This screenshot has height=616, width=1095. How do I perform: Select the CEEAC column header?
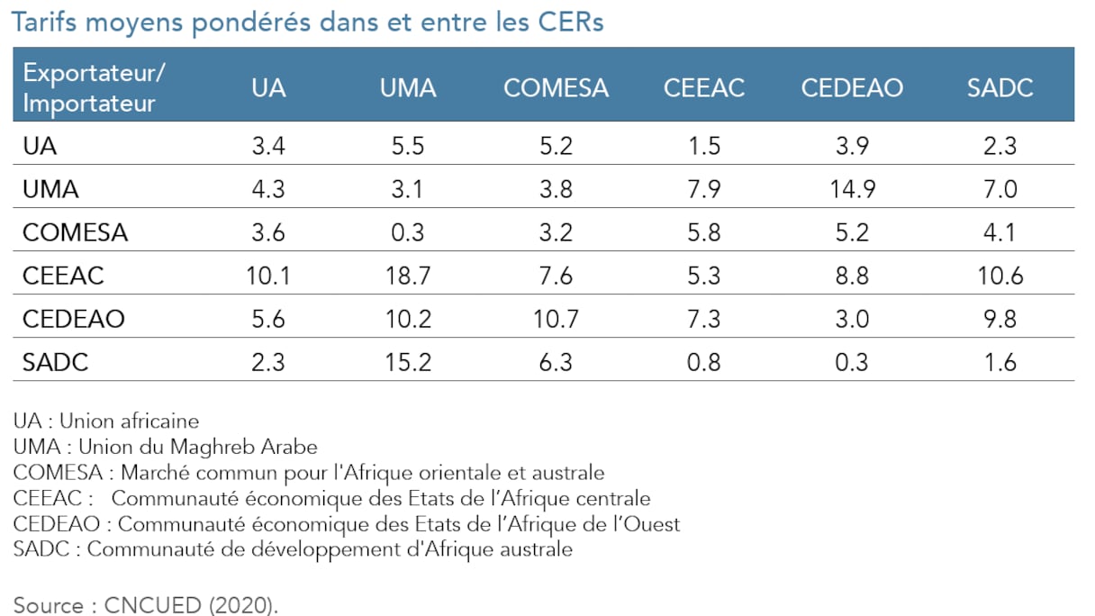coord(704,87)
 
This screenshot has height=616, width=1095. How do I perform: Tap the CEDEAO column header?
coord(851,87)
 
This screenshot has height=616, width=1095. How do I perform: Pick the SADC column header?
coord(1000,87)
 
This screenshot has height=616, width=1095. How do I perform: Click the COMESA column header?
coord(556,87)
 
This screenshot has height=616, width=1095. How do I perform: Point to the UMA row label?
coord(50,189)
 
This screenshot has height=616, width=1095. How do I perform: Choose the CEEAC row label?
coord(63,276)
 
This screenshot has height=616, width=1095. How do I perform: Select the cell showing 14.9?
coord(851,189)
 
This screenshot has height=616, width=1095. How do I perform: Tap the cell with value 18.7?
coord(408,276)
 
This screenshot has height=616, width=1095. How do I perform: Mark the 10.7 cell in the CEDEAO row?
coord(556,319)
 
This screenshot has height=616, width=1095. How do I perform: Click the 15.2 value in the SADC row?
coord(408,362)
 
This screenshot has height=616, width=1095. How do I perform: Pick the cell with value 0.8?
coord(704,362)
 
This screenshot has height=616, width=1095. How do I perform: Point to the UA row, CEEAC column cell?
coord(704,146)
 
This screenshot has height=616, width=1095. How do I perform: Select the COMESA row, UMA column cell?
coord(408,232)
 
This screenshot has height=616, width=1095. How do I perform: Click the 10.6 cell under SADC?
coord(1000,276)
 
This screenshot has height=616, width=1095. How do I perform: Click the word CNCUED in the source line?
coord(152,605)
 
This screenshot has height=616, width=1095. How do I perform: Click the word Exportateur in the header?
coord(95,73)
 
